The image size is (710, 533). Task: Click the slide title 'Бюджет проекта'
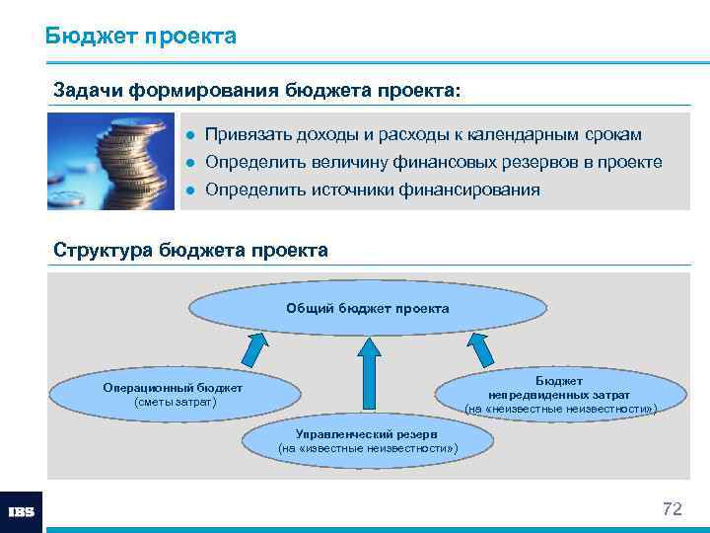tap(140, 37)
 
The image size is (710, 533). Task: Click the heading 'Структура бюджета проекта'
tap(190, 250)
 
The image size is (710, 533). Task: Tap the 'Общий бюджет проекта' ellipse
tap(367, 309)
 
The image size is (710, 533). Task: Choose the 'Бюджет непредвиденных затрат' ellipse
tap(559, 394)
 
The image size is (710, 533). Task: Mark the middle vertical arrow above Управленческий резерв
tap(368, 376)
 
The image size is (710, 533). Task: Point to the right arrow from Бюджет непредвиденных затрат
tap(480, 349)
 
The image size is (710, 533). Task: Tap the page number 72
tap(672, 509)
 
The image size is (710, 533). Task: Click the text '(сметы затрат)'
tap(173, 403)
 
